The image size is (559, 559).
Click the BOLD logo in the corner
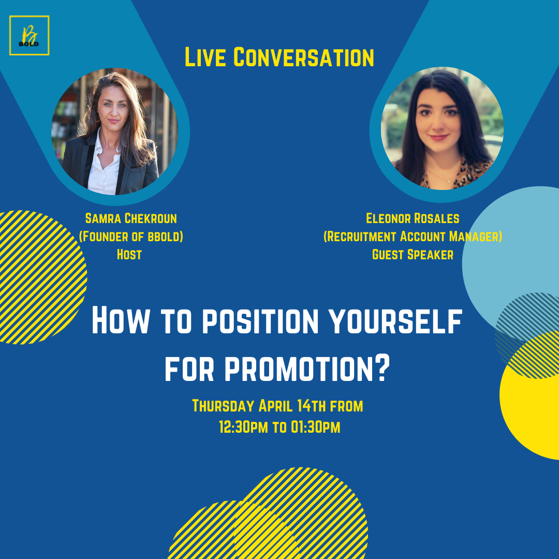pos(29,35)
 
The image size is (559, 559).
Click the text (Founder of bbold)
pos(131,237)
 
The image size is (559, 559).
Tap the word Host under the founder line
pos(129,255)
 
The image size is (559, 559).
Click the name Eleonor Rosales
pos(413,218)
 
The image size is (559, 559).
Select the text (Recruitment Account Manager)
pos(413,237)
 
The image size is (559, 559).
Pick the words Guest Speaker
pos(413,255)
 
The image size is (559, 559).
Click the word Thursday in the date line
pos(224,406)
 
